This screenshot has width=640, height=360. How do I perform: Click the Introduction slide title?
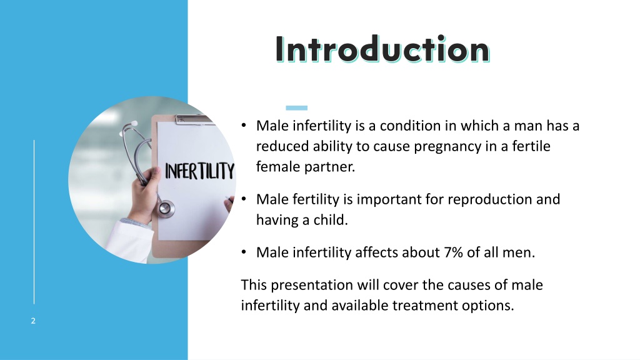pyautogui.click(x=382, y=49)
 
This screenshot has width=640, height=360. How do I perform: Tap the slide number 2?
pyautogui.click(x=33, y=321)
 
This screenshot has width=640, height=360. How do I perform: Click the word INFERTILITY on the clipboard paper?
pyautogui.click(x=199, y=171)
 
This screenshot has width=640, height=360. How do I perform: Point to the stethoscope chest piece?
pyautogui.click(x=166, y=207)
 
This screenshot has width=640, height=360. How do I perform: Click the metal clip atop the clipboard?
pyautogui.click(x=194, y=119)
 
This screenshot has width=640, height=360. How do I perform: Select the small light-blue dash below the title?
pyautogui.click(x=292, y=107)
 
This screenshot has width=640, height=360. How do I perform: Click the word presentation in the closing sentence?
pyautogui.click(x=314, y=285)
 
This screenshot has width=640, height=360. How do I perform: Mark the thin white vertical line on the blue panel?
pyautogui.click(x=34, y=222)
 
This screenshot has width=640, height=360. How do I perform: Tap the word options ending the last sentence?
pyautogui.click(x=488, y=306)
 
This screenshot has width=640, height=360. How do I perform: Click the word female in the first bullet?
pyautogui.click(x=275, y=167)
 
